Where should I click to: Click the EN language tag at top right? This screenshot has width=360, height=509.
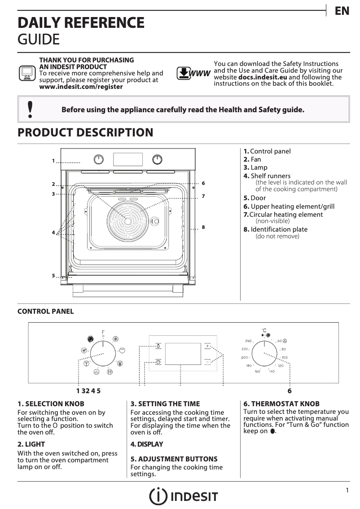pyautogui.click(x=342, y=11)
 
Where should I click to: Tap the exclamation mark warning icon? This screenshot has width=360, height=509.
pyautogui.click(x=30, y=109)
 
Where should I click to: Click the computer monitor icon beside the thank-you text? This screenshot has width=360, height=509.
pyautogui.click(x=27, y=73)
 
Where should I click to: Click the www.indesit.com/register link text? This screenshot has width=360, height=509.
pyautogui.click(x=81, y=87)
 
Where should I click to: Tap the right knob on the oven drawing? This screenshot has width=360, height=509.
pyautogui.click(x=157, y=159)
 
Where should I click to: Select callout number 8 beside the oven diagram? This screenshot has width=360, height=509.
pyautogui.click(x=203, y=227)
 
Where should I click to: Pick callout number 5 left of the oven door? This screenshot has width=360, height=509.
pyautogui.click(x=53, y=276)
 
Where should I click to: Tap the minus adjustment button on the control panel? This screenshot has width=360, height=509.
pyautogui.click(x=207, y=361)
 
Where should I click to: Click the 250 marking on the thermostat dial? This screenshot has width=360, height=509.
pyautogui.click(x=248, y=341)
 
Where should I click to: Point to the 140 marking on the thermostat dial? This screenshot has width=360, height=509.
pyautogui.click(x=272, y=372)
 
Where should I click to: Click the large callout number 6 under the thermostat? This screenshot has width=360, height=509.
pyautogui.click(x=290, y=391)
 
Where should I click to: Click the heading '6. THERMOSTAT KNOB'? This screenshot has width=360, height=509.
pyautogui.click(x=275, y=404)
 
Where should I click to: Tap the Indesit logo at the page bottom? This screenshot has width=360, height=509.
pyautogui.click(x=184, y=496)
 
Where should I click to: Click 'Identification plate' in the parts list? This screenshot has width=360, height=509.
pyautogui.click(x=279, y=229)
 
